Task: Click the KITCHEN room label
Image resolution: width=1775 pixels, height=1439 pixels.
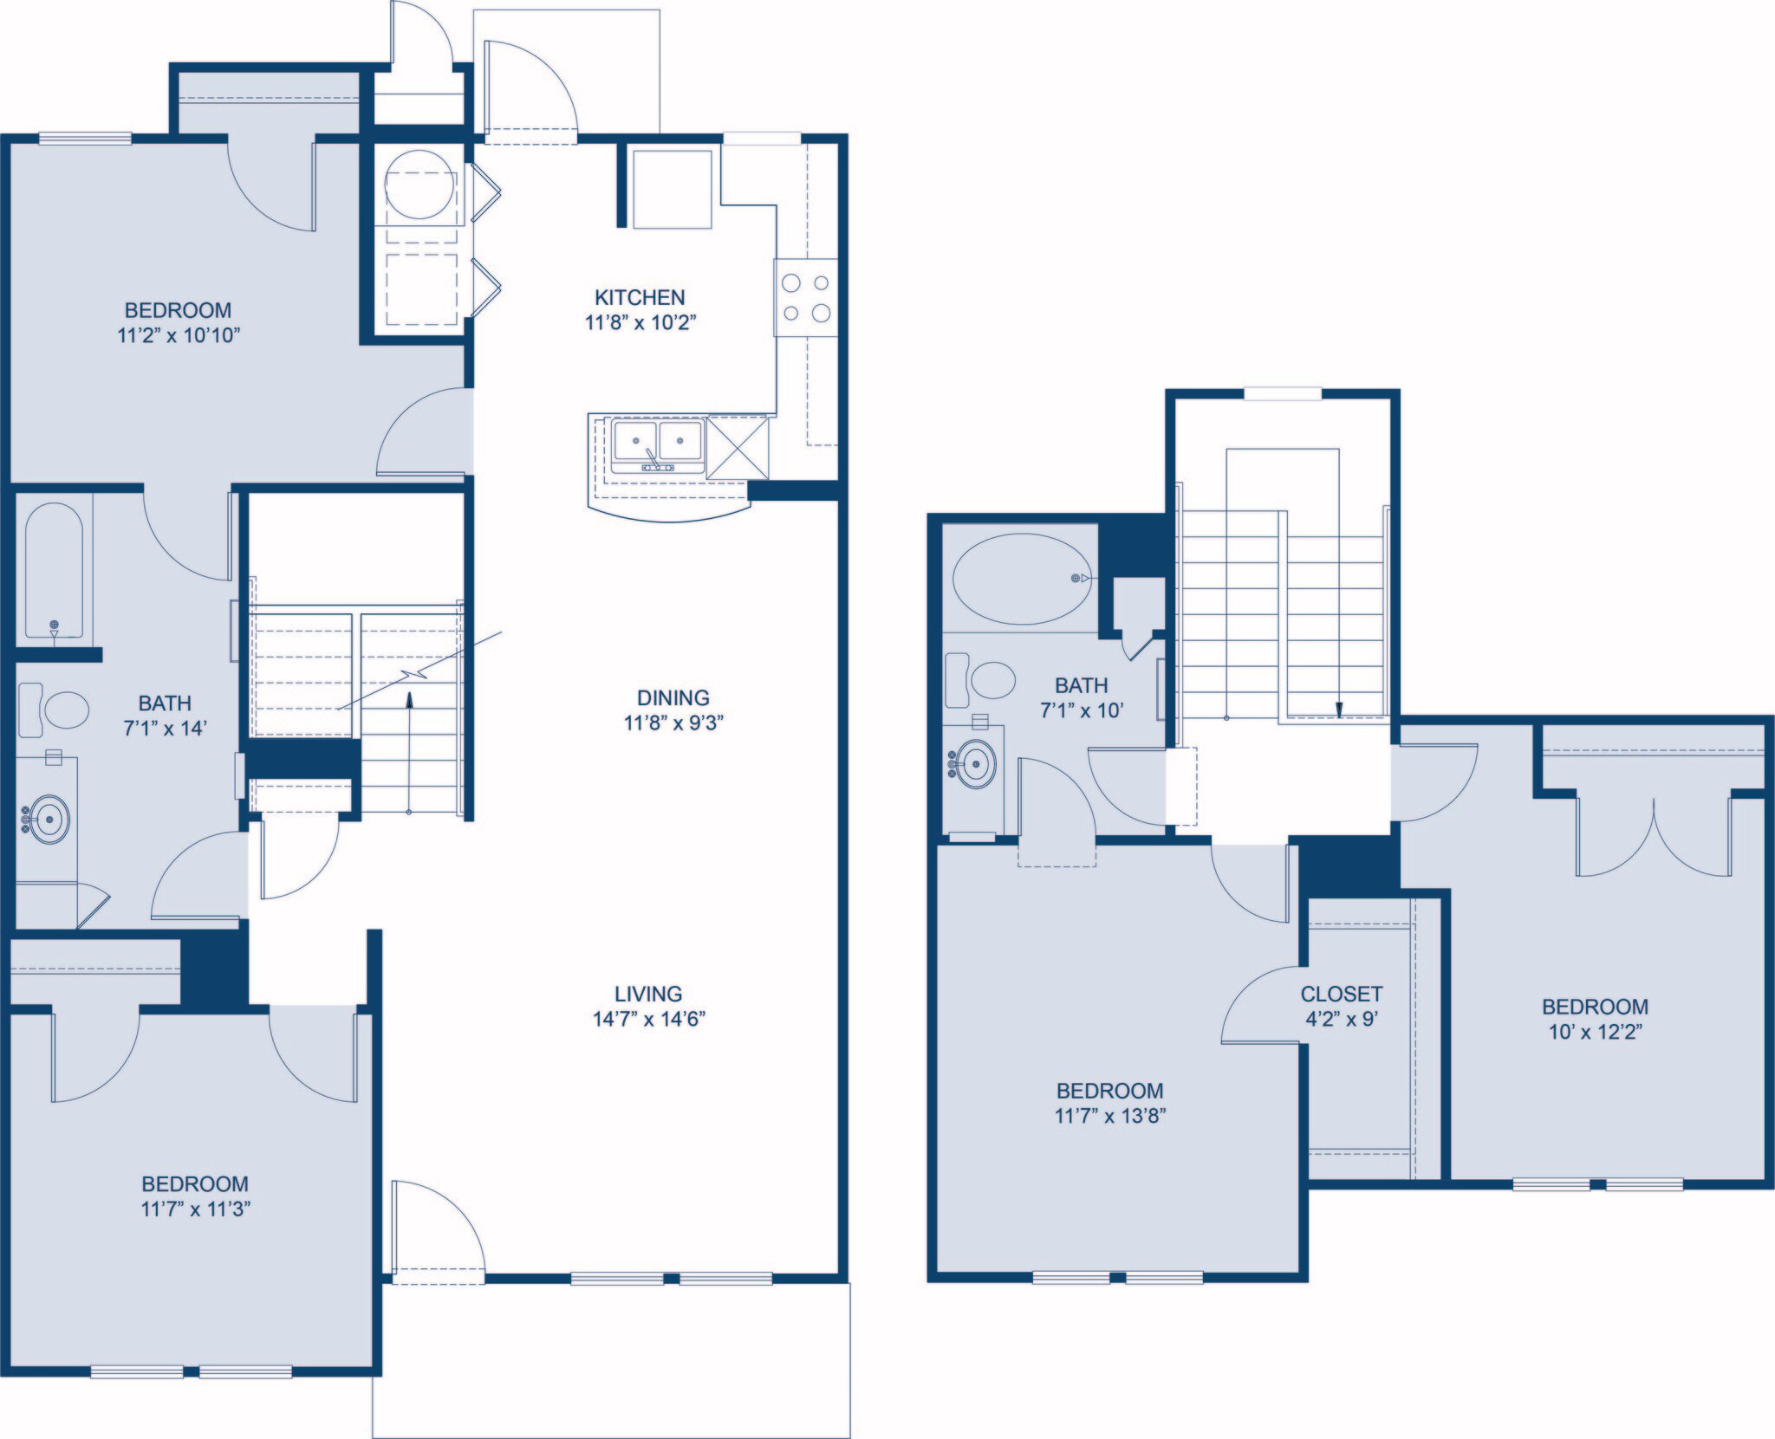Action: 640,297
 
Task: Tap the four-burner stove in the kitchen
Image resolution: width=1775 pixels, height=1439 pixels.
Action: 806,297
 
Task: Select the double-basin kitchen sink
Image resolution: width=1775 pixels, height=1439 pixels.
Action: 657,444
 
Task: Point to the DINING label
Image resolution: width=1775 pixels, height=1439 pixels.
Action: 673,697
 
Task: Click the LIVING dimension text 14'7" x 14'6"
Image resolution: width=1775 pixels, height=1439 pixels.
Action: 648,1019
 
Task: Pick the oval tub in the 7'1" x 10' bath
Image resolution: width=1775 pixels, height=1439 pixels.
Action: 1023,578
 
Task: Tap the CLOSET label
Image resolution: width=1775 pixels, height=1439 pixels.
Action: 1341,994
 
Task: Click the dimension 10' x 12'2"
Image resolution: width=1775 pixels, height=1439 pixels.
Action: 1595,1032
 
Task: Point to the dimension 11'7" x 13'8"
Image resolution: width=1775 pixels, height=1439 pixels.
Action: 1109,1116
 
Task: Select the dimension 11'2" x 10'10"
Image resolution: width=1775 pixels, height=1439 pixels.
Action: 178,335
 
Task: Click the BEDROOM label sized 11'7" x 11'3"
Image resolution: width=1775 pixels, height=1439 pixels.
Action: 195,1183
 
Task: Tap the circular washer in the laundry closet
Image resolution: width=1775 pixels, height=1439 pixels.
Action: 421,185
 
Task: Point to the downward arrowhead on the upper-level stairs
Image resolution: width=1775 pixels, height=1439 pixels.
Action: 1338,710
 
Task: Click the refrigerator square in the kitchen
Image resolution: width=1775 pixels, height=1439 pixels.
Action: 672,189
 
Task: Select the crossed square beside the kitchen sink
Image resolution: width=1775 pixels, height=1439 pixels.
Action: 738,447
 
